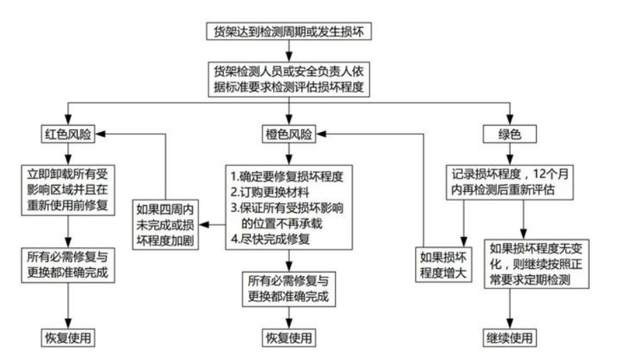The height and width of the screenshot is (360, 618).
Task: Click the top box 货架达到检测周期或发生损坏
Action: click(289, 31)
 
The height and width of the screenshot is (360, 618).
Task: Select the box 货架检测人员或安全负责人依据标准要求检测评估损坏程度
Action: click(289, 79)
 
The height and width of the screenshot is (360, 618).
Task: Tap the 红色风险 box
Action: click(68, 134)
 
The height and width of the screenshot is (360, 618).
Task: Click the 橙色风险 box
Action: click(289, 134)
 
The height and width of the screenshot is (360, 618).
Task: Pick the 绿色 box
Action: click(510, 134)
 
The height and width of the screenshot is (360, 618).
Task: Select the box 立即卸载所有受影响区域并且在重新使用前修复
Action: click(68, 190)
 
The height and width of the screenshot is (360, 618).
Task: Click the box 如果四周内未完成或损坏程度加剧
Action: click(165, 224)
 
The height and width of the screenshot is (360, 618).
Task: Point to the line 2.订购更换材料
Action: click(270, 193)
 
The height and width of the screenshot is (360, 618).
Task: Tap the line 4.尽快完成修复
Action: click(270, 239)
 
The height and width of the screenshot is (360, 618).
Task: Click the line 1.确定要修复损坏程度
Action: click(287, 177)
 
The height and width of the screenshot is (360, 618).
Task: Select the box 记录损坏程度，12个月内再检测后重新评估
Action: click(510, 182)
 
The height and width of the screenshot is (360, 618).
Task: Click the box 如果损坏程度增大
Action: click(444, 265)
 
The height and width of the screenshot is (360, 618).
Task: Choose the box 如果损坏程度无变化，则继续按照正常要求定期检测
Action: click(537, 264)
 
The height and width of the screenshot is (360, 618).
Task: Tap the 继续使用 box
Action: click(510, 338)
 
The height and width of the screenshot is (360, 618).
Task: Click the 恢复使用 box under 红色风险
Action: click(68, 338)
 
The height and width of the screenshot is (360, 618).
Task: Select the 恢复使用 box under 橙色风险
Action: click(289, 338)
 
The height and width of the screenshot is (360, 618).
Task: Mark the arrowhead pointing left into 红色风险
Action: click(100, 134)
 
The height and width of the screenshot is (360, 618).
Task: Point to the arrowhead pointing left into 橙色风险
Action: click(321, 134)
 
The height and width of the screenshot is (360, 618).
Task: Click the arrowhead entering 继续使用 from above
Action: click(510, 324)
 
